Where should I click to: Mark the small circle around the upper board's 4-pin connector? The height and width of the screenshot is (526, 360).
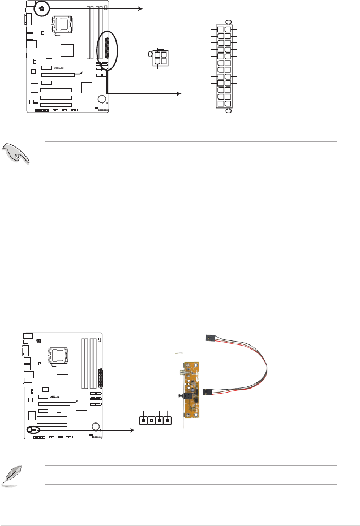[41, 8]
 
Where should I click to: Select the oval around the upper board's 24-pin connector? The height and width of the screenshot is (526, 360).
[107, 50]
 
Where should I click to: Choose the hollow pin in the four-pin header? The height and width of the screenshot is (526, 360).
[152, 420]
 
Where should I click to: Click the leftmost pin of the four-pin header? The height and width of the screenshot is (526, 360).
[144, 420]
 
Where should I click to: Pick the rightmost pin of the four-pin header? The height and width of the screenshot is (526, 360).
[168, 420]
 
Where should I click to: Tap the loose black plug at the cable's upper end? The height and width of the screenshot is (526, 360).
[211, 338]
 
